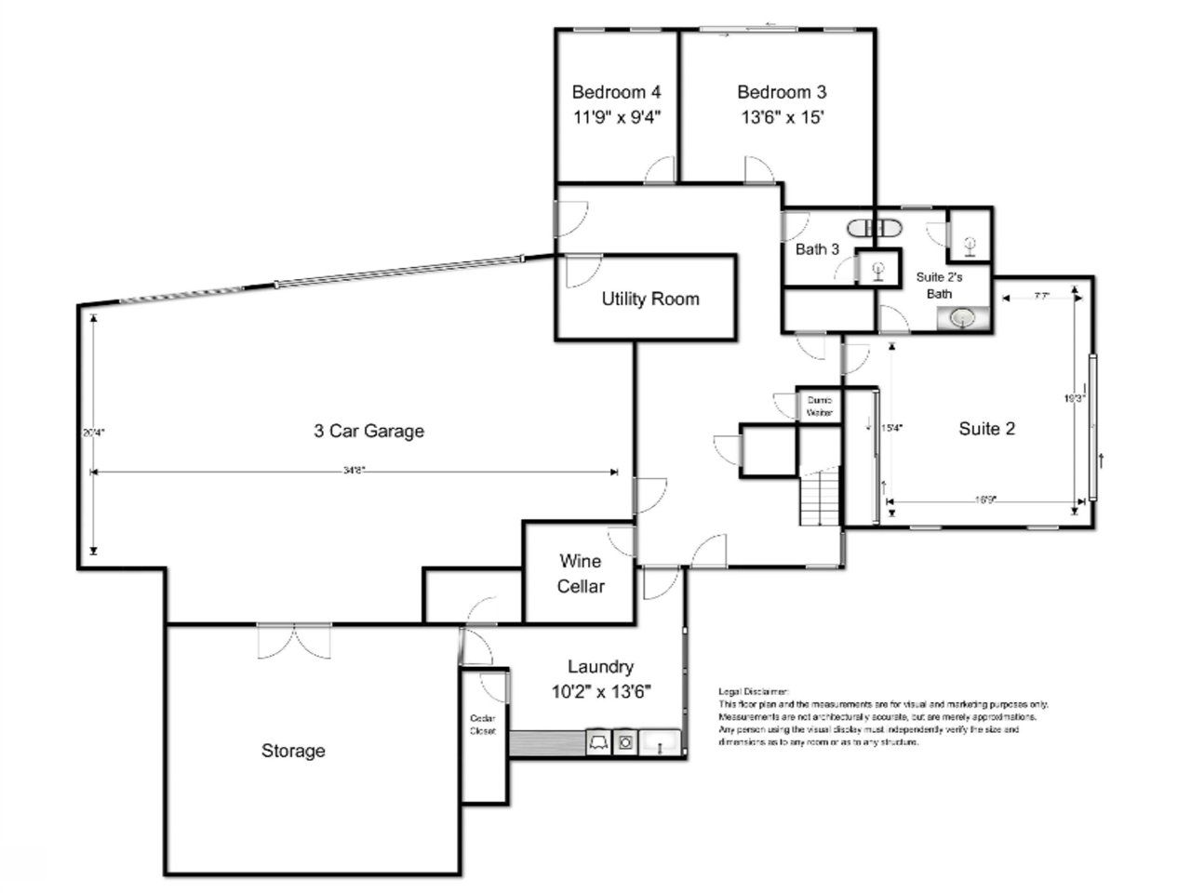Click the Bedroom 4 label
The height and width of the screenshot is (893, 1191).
click(x=616, y=92)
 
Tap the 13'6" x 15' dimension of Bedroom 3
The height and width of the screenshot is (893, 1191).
click(x=782, y=117)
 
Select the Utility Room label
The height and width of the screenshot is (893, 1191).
click(x=649, y=299)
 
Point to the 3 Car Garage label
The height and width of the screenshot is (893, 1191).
click(x=368, y=431)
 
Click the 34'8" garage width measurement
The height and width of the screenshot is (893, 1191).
click(x=354, y=471)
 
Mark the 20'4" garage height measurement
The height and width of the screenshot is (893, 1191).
click(x=93, y=432)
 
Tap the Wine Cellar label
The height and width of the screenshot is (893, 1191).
click(x=581, y=574)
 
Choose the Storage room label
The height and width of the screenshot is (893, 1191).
click(x=293, y=751)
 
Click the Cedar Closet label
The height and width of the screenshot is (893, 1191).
click(x=483, y=725)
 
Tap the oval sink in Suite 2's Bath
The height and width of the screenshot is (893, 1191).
click(x=962, y=318)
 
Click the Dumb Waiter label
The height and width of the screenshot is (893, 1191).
click(x=820, y=406)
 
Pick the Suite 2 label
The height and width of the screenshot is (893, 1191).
click(x=986, y=429)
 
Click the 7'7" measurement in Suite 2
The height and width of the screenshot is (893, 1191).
click(x=1041, y=297)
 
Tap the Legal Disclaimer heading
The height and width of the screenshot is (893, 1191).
click(x=754, y=691)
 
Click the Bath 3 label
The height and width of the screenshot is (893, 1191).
click(x=817, y=249)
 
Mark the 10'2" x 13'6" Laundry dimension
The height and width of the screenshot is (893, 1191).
click(x=600, y=691)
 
